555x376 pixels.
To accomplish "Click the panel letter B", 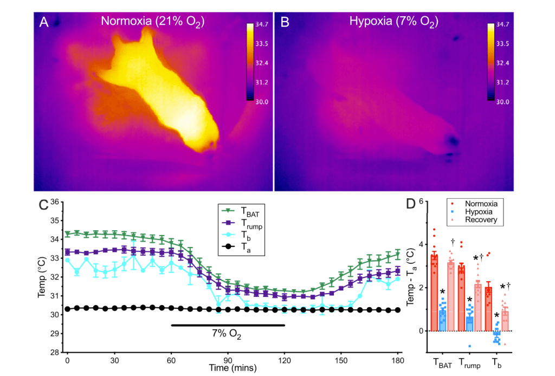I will [284, 22].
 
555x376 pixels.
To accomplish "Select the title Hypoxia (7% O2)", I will [393, 22].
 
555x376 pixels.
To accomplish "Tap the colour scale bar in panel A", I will [250, 62].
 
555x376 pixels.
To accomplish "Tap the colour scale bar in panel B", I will [492, 62].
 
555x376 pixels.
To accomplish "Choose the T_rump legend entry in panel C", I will [238, 224].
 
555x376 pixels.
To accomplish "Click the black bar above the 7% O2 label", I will [228, 325].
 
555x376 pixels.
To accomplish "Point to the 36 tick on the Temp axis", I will [54, 202].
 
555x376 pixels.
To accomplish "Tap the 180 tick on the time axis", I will [398, 359].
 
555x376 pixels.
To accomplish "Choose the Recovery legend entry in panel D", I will [469, 220].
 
